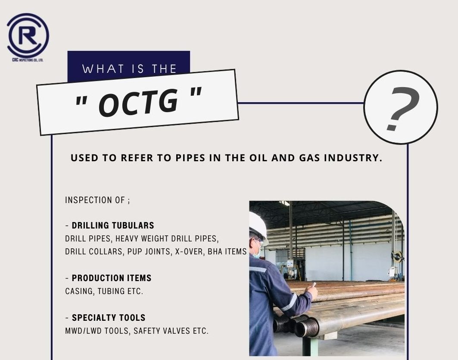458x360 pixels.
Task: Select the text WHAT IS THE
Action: tap(129, 69)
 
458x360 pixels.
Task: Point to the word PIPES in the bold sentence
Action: tap(190, 158)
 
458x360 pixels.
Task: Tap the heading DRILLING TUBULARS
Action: tap(113, 225)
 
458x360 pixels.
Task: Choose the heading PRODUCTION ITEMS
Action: tap(112, 278)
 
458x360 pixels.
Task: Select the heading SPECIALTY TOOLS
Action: tap(109, 318)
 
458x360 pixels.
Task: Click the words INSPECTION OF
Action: tap(95, 200)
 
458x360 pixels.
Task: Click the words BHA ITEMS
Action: tap(227, 252)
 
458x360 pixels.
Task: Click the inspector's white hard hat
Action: tap(258, 225)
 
